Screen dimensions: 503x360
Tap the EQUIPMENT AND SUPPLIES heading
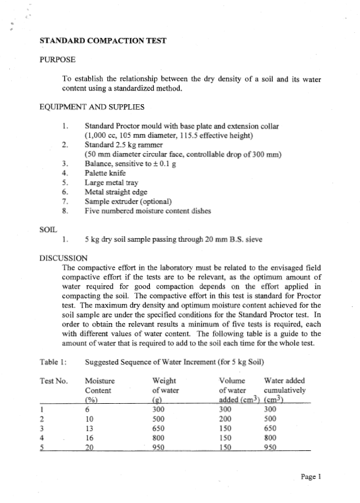(92, 106)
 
